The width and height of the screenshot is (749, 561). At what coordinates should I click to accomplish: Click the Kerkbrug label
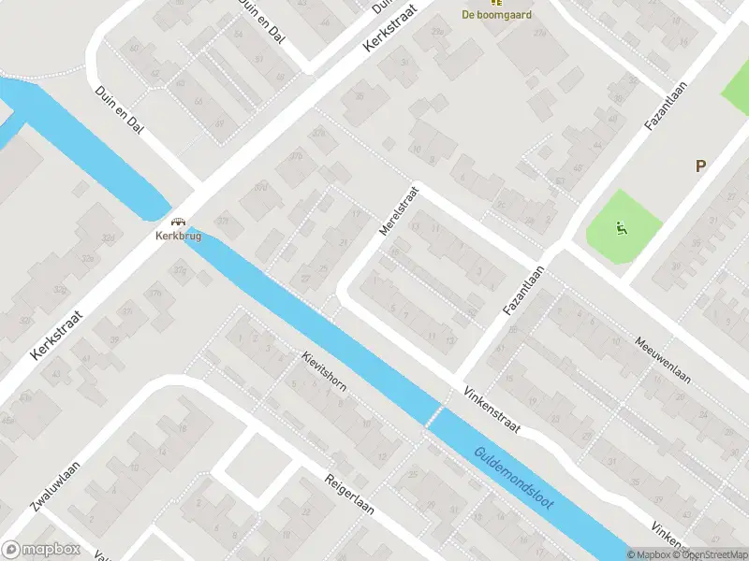click(178, 236)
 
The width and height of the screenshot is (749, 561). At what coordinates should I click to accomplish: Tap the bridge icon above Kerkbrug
click(178, 223)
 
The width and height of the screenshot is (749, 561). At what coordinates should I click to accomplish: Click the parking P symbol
click(699, 166)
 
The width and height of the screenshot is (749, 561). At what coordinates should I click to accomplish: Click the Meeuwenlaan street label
click(661, 361)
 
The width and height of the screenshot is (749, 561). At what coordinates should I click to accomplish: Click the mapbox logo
click(41, 550)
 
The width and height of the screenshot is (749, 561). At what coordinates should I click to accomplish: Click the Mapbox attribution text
click(652, 554)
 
